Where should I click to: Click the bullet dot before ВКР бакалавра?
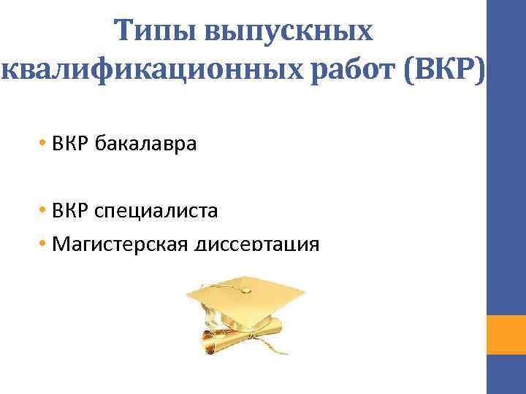(x=45, y=143)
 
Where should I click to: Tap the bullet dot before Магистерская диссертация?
(x=45, y=244)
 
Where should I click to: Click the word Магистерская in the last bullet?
(x=121, y=244)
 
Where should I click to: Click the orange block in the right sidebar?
(x=506, y=334)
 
